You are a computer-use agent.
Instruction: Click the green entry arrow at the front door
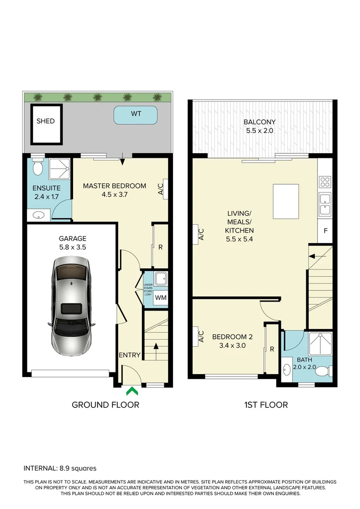pos(132,390)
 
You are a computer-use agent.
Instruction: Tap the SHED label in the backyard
pos(46,121)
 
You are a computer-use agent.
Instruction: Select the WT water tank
pos(136,115)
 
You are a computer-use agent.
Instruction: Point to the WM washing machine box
pos(160,297)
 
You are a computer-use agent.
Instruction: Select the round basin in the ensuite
pos(39,216)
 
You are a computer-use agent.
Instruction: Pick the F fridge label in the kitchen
pos(325,231)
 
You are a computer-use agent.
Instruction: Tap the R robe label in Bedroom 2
pos(272,349)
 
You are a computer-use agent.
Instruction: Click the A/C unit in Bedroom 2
pos(200,336)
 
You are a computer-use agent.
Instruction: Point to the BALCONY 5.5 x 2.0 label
pos(259,126)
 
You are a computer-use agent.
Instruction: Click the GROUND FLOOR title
pos(105,404)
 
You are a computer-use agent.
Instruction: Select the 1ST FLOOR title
pos(266,404)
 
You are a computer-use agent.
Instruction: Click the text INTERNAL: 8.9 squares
pos(60,468)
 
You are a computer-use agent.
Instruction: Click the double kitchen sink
pos(325,204)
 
